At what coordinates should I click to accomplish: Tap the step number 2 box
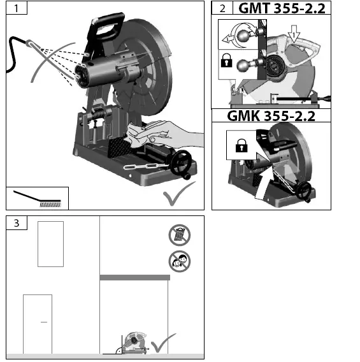pos(222,8)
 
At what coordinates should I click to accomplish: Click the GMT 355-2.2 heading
pos(282,8)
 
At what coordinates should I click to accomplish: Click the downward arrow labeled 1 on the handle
pos(294,30)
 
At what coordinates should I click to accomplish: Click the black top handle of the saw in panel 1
pos(108,25)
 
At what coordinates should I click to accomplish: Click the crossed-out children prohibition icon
pos(179,261)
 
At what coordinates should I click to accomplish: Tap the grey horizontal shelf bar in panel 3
pos(135,277)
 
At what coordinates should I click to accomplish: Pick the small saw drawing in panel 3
pos(135,343)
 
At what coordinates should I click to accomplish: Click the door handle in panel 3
pos(44,322)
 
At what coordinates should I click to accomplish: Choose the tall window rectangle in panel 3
pos(50,244)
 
